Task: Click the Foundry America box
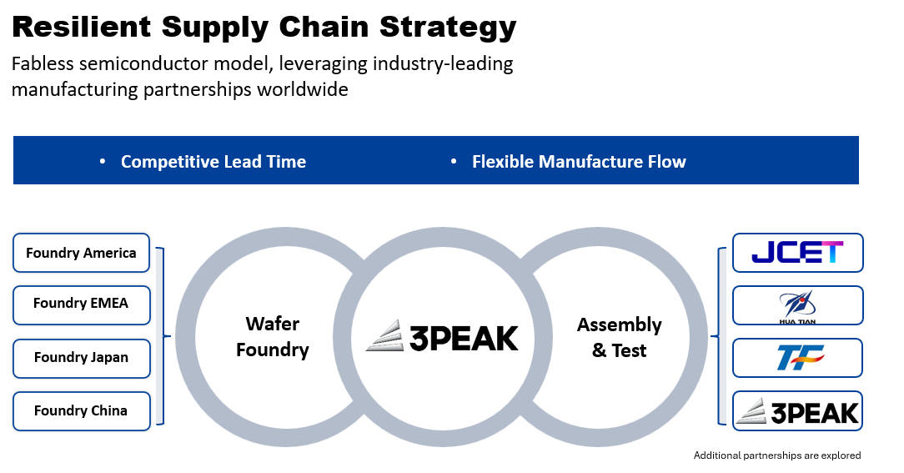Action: (81, 253)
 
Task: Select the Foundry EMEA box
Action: (81, 304)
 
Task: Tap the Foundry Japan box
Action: (81, 357)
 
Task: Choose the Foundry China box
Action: (81, 410)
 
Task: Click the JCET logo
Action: (797, 252)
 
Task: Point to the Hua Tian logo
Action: (797, 305)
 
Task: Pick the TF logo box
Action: (797, 358)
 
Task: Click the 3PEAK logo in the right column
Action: (797, 410)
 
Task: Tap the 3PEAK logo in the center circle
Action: (442, 337)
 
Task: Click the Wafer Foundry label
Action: (272, 336)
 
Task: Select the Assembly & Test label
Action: (619, 337)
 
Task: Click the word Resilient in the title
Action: (81, 27)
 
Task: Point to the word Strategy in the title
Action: (448, 27)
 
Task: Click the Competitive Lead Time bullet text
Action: (213, 162)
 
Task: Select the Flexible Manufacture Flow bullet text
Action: (579, 162)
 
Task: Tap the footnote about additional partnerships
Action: (776, 455)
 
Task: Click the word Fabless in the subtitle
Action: (42, 64)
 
